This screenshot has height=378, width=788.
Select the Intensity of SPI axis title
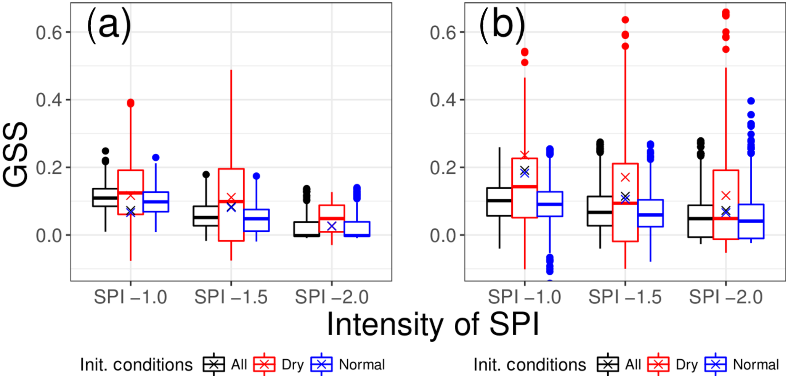(433, 324)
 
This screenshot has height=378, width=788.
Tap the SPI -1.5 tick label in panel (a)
(231, 297)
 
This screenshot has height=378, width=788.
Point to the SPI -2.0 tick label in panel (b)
(725, 297)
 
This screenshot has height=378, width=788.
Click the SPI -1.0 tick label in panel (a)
(130, 297)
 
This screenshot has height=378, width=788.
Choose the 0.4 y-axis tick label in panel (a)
(48, 100)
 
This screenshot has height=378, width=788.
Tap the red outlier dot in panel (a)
(130, 103)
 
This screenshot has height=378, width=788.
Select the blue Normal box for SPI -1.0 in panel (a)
(156, 202)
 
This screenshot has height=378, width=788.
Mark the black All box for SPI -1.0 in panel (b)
(499, 202)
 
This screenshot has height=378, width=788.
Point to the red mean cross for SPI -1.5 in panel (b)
(625, 177)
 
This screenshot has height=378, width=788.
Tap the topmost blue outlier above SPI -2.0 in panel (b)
(751, 101)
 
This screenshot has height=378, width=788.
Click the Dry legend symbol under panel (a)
(264, 365)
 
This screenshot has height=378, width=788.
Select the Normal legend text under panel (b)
(756, 365)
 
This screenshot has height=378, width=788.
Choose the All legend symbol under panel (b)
(608, 365)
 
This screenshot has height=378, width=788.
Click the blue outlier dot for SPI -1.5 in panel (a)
(256, 176)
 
